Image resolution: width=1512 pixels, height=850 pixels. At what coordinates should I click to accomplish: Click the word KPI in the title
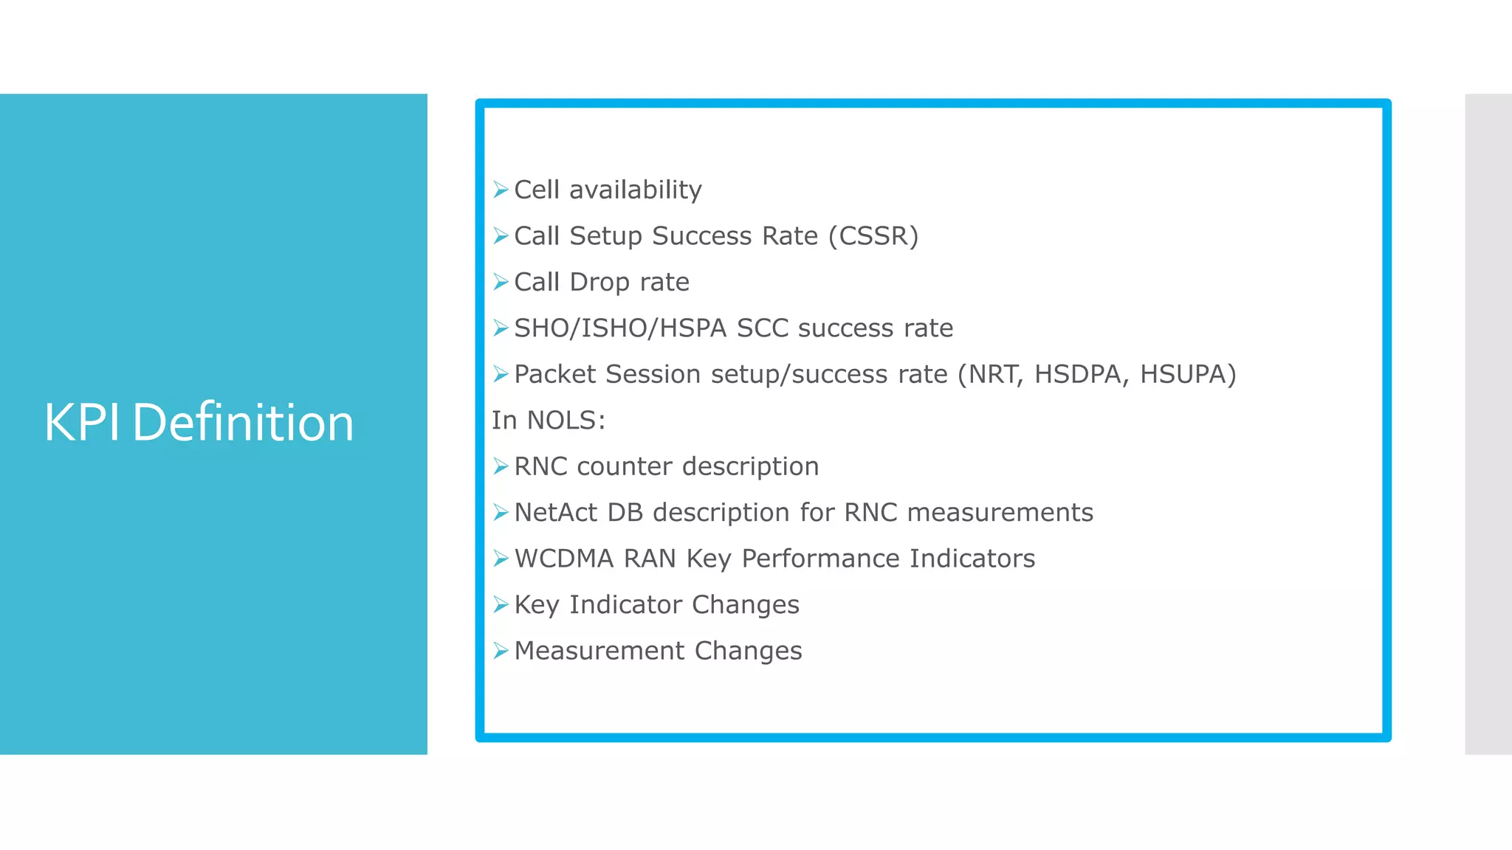(81, 423)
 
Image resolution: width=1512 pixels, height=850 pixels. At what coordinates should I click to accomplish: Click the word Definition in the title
(243, 423)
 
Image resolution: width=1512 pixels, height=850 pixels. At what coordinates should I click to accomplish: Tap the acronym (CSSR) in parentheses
(873, 236)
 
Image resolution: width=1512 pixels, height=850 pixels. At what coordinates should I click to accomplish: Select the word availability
(635, 190)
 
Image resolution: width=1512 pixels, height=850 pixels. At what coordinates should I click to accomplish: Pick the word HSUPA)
(1187, 375)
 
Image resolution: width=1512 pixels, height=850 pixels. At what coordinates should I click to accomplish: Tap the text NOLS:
(566, 421)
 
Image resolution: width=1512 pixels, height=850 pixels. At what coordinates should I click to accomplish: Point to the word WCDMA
(563, 559)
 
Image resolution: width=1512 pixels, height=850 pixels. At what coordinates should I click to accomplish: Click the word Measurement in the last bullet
(599, 652)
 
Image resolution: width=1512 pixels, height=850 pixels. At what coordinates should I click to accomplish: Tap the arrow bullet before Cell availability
(501, 190)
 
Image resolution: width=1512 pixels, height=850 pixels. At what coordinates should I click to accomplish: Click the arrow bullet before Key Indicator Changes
(501, 605)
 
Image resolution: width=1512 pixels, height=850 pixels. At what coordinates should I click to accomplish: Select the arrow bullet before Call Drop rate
(501, 283)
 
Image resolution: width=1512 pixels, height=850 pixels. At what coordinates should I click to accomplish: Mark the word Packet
(554, 375)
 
